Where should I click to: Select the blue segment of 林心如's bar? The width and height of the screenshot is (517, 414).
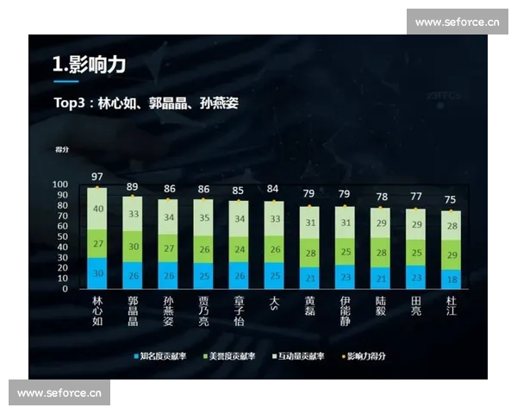[x=97, y=273]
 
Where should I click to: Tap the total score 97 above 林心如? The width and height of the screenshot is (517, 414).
[x=97, y=178]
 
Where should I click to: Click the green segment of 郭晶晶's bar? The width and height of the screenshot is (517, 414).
[x=133, y=246]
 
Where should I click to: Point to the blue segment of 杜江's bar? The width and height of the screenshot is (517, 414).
[x=452, y=279]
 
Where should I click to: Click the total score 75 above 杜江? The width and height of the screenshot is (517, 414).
[x=452, y=200]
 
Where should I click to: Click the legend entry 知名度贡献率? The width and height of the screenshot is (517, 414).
[x=163, y=355]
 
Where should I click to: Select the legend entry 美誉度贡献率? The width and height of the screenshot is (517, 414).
[x=230, y=355]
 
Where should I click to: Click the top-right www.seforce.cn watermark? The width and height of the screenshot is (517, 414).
[x=458, y=22]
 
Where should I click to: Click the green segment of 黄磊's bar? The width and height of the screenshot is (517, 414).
[x=309, y=253]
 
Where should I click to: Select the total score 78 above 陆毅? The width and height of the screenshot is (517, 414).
[x=381, y=198]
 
